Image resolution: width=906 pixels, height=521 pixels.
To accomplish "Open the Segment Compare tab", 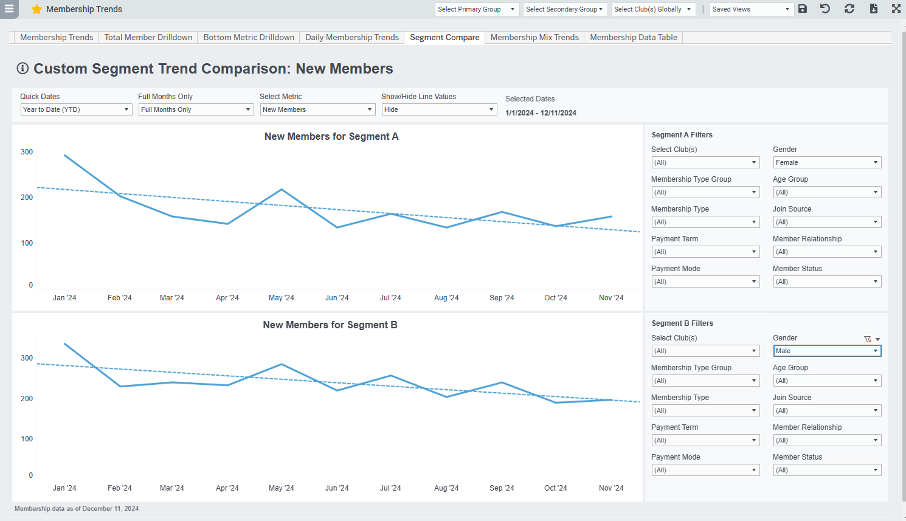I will (x=444, y=37).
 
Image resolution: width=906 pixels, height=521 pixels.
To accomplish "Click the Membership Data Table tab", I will (x=633, y=37).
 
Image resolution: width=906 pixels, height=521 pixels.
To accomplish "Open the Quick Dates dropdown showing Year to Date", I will (x=76, y=109).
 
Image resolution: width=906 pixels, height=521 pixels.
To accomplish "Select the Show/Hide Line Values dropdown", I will (x=439, y=109).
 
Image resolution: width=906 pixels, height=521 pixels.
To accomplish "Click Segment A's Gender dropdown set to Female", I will (x=826, y=162).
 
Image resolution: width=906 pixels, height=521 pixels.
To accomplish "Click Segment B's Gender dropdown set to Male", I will (x=826, y=351).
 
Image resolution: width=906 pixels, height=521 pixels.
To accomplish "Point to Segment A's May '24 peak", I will (x=282, y=190).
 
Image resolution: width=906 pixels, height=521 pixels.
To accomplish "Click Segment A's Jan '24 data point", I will (x=64, y=155).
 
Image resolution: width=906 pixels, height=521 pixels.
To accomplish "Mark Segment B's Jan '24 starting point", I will (x=64, y=344).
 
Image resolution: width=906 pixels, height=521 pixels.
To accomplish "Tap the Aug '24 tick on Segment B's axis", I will (x=446, y=488).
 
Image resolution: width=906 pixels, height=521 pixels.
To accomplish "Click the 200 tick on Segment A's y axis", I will (x=27, y=198).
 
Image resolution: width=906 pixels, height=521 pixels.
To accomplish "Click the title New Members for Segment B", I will (x=330, y=325).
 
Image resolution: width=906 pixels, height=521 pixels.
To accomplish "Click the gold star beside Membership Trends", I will (x=37, y=9).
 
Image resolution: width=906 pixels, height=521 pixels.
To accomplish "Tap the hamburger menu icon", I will (x=9, y=9).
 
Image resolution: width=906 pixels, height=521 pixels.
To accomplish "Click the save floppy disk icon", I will (x=803, y=9).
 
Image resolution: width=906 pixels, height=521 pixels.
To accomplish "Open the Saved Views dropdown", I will (x=751, y=9).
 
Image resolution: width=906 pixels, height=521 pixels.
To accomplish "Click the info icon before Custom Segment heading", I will (x=22, y=68).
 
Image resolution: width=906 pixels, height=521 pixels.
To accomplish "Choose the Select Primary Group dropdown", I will (x=477, y=9).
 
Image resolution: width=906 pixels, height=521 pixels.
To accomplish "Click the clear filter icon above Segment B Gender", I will (x=868, y=339).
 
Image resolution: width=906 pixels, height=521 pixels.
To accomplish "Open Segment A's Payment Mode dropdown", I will (x=705, y=281).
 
